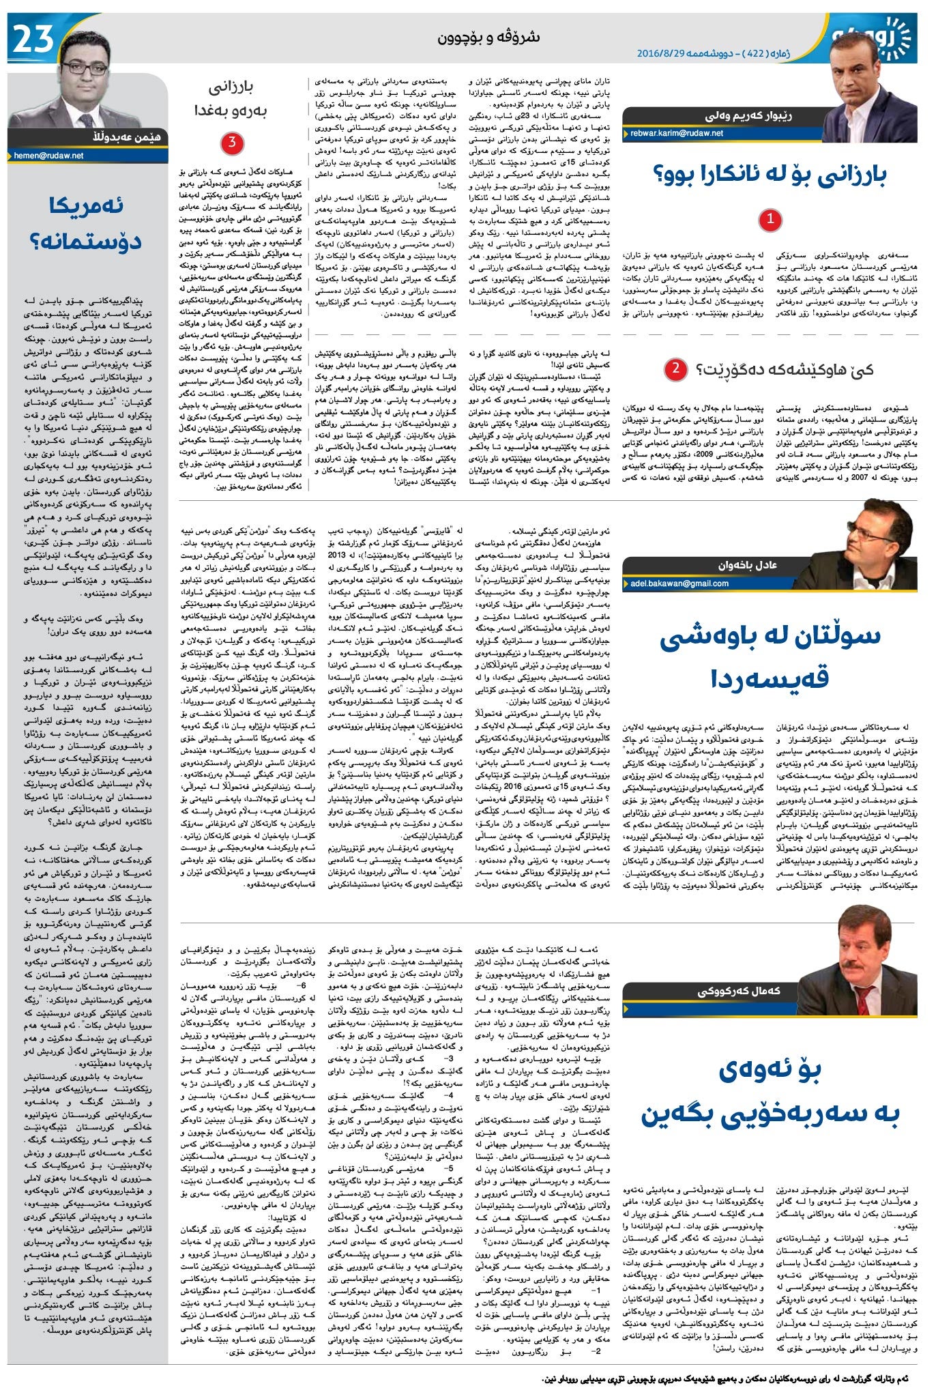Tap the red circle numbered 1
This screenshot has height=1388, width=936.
point(770,220)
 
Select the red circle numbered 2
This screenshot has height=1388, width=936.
point(675,369)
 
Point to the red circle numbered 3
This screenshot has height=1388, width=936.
point(233,143)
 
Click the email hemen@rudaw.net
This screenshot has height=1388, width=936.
point(48,156)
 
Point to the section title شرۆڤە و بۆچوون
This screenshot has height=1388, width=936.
point(488,38)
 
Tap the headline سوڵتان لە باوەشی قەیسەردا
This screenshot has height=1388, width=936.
point(770,656)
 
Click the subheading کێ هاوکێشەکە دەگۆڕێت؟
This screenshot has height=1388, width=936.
point(785,370)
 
